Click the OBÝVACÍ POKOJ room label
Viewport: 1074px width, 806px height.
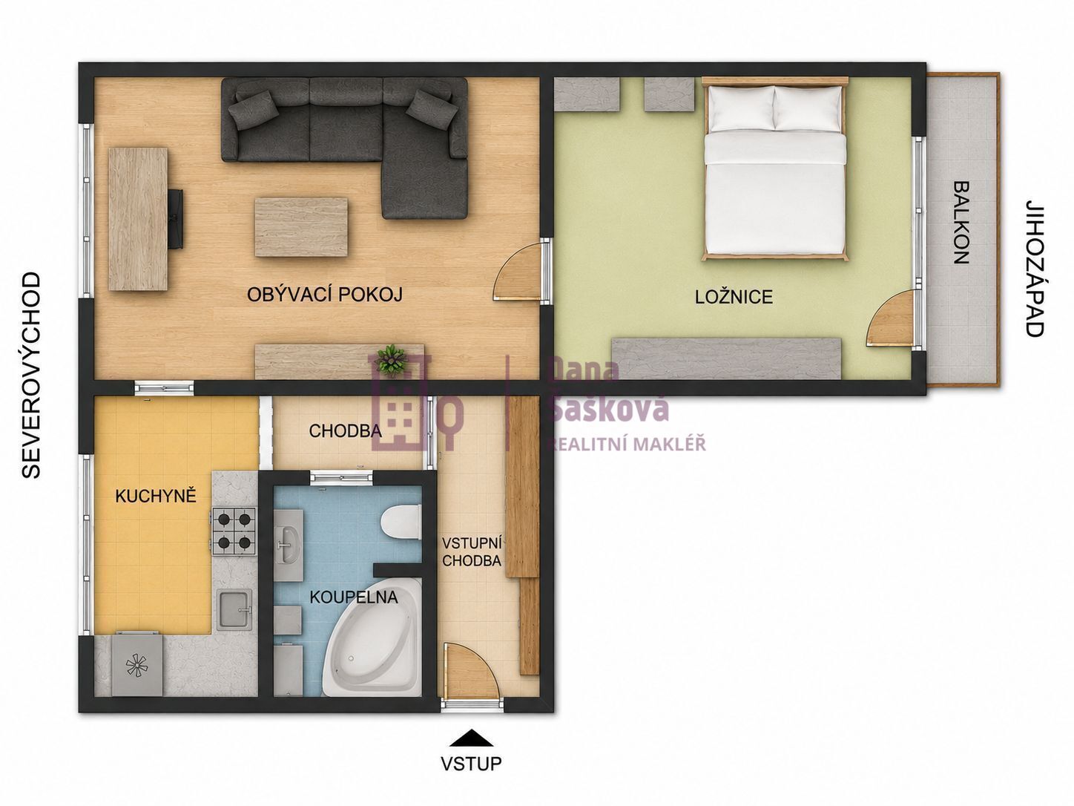point(324,295)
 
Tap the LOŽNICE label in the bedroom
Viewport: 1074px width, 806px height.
point(734,297)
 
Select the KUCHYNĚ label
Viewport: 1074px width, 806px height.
point(156,496)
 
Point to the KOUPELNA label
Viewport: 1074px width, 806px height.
point(354,597)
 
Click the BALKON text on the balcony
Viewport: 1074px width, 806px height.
point(962,223)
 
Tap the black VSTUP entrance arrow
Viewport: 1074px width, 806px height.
point(471,738)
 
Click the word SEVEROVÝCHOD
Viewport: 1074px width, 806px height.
point(31,376)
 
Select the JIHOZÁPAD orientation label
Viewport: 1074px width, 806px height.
point(1035,268)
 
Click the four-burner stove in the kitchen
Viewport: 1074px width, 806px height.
point(234,531)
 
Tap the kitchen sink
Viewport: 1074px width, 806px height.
point(234,610)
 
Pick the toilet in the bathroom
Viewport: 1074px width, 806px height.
point(401,522)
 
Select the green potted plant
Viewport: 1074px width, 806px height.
point(391,360)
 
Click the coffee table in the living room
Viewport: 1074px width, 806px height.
point(301,227)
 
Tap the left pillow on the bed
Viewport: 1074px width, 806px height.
point(742,108)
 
